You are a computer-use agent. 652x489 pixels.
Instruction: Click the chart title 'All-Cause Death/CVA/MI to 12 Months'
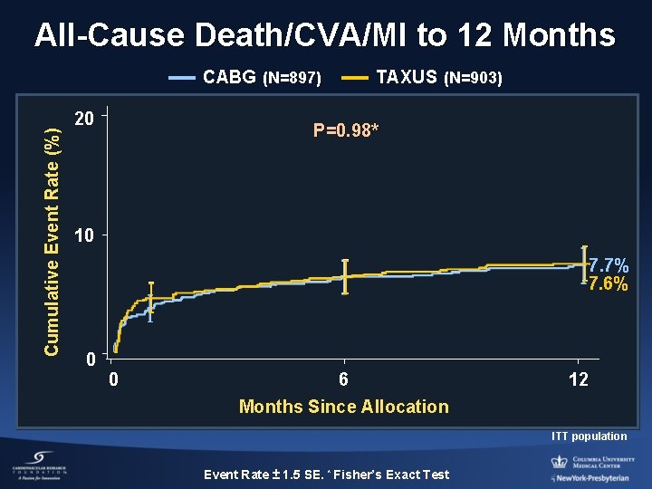click(x=325, y=35)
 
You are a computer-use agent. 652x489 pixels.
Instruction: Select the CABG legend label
click(x=262, y=78)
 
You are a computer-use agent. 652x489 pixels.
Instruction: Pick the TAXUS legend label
click(x=438, y=78)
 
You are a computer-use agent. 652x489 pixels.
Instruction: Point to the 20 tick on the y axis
click(x=84, y=119)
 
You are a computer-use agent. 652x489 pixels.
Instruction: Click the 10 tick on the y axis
click(x=84, y=236)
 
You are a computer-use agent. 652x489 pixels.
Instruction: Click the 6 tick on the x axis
click(x=343, y=379)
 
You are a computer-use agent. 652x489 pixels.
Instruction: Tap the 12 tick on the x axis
click(x=578, y=379)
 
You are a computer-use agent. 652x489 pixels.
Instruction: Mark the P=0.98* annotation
click(x=346, y=131)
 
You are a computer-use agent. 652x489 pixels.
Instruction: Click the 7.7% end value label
click(x=609, y=266)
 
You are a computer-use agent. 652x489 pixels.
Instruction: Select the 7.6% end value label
click(x=609, y=284)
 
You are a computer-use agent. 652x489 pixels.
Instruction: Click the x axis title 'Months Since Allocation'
click(x=343, y=407)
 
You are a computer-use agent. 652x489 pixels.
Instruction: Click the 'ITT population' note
click(x=590, y=436)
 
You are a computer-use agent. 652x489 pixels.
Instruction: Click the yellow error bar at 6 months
click(x=345, y=276)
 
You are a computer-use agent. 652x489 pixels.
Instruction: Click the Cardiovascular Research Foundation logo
click(x=41, y=465)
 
